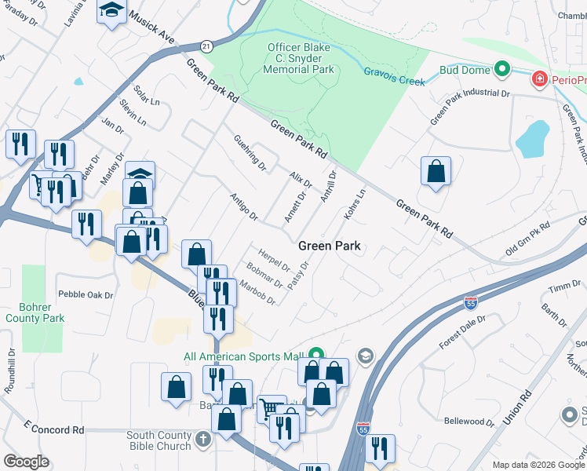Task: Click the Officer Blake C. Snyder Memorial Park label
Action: point(300,58)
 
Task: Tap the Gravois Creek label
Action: point(394,76)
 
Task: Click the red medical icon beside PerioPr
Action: point(539,79)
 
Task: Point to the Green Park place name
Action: point(330,246)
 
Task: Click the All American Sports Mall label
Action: point(243,356)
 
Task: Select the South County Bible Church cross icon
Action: point(203,438)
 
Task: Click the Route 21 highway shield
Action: point(206,46)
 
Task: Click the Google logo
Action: point(26,461)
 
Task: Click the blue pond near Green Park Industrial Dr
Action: point(531,139)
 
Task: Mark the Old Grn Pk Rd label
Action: point(527,239)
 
